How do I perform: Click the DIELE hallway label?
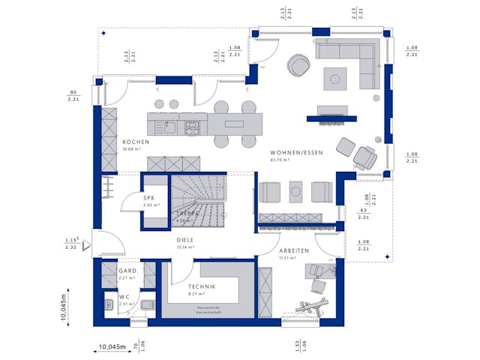click(184, 240)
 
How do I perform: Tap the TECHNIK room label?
click(202, 287)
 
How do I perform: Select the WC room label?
click(124, 297)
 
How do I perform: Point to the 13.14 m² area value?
click(185, 247)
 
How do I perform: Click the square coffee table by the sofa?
click(335, 78)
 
